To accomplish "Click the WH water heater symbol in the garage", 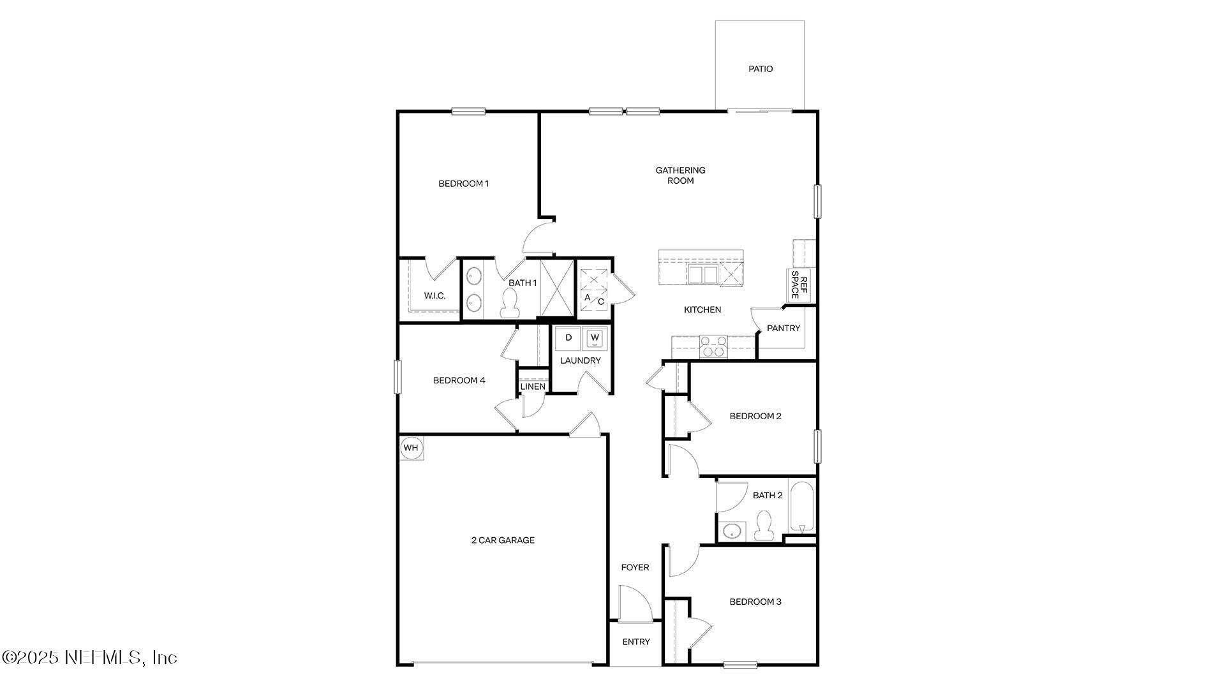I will coord(411,448).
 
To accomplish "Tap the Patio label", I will coord(760,69).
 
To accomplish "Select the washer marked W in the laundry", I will coord(595,337).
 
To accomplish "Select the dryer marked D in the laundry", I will coord(568,337).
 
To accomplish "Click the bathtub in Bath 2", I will coord(802,508).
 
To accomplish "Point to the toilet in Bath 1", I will coord(509,302).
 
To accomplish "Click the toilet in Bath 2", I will coord(762,526).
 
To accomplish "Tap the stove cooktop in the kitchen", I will coord(713,346).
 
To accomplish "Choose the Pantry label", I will coord(783,329).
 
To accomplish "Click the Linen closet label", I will coord(533,387).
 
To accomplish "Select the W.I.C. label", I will coord(434,296).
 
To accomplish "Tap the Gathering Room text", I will coord(680,175).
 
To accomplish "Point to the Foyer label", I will coord(635,568).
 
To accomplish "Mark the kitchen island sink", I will coord(702,275).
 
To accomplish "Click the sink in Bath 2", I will coord(732,531).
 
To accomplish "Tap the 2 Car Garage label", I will coord(503,540).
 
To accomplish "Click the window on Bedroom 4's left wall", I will coord(397,376).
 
